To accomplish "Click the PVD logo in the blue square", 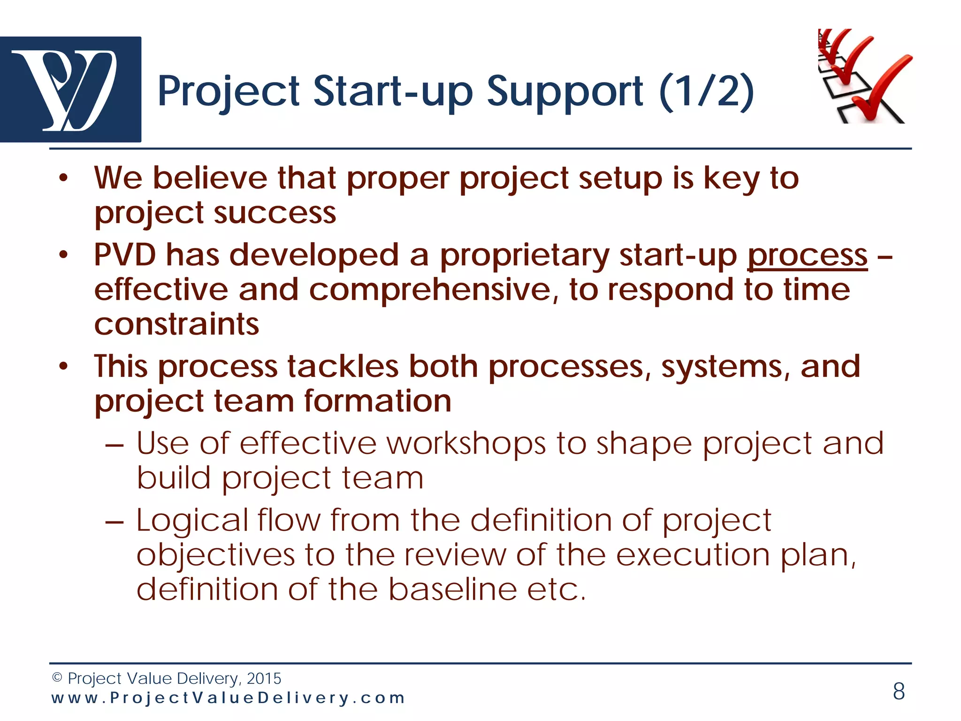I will click(70, 89).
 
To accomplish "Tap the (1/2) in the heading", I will click(707, 92).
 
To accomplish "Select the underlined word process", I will click(807, 256).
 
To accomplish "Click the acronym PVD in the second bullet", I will click(125, 255).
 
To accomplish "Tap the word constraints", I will click(176, 324).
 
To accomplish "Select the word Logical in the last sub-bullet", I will click(192, 521).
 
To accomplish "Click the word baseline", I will click(452, 590).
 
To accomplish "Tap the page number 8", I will click(899, 691).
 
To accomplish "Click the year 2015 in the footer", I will click(264, 679).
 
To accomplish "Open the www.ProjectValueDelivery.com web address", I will click(228, 698).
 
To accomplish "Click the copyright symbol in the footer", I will click(57, 678).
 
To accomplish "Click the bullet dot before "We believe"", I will click(64, 178).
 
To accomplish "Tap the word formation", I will click(378, 401).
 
